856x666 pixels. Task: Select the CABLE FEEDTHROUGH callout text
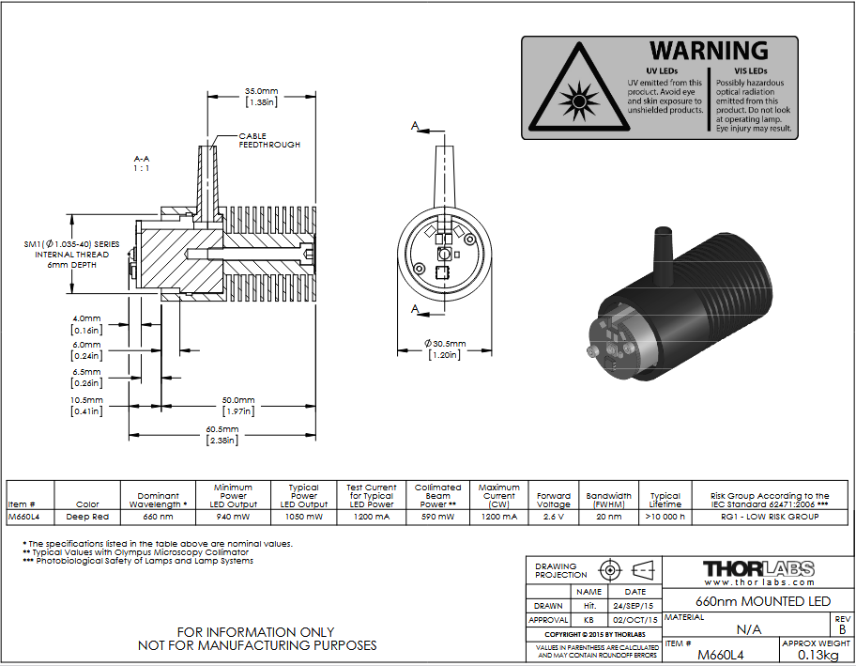269,140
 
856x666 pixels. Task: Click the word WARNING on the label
709,51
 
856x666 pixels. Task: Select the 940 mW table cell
233,517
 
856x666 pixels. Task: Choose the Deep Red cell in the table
87,517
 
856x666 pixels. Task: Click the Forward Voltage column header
554,500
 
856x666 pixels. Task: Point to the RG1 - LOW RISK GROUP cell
770,517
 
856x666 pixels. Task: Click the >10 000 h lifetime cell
665,517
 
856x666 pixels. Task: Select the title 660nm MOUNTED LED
763,601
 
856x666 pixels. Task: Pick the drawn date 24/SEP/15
634,606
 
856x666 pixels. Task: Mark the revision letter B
842,629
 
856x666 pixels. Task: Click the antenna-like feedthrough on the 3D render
664,256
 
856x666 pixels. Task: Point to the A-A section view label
142,163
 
